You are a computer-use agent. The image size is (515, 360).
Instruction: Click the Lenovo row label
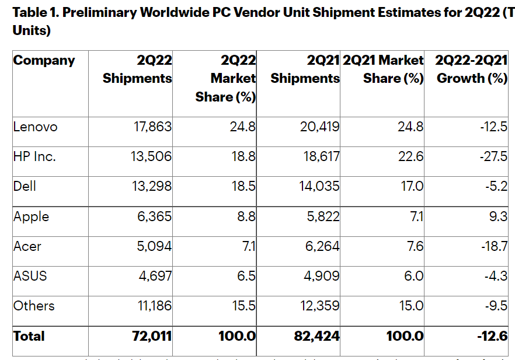point(36,127)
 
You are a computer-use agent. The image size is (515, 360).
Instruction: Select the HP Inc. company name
point(35,156)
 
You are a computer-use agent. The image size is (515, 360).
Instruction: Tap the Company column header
point(44,61)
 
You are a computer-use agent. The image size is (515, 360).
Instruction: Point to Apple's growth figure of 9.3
point(499,216)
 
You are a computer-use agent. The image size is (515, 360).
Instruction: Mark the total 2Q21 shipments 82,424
point(316,336)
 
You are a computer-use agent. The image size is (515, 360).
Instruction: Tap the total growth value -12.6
point(493,336)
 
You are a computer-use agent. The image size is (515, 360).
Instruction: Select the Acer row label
point(27,246)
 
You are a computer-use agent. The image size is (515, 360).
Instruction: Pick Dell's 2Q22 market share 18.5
point(242,186)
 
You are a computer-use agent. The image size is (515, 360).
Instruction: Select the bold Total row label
point(29,336)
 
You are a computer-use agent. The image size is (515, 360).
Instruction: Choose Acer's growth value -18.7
point(494,246)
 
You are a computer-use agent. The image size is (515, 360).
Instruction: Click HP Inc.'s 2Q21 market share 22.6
point(409,156)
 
